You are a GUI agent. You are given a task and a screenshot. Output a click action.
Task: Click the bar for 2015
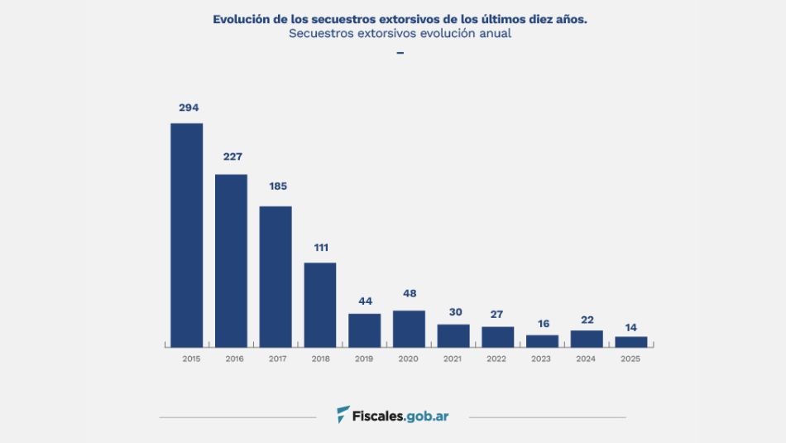point(187,235)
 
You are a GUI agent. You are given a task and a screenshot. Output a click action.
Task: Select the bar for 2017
point(276,277)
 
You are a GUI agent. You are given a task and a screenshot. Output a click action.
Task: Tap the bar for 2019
point(365,330)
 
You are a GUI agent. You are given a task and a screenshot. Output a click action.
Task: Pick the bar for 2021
point(453,335)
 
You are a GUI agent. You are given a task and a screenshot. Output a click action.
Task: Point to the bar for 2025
point(631,341)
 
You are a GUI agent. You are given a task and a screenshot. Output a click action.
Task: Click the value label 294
point(189,108)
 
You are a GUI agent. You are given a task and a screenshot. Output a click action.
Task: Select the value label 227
point(232,156)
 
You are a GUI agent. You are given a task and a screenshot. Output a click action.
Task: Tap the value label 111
point(322,247)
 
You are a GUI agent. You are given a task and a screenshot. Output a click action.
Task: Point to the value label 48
point(410,294)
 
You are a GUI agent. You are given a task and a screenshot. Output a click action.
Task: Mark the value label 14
point(631,327)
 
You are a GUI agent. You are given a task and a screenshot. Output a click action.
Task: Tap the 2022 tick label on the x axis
point(496,359)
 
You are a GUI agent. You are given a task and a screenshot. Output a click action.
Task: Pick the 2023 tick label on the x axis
point(541,359)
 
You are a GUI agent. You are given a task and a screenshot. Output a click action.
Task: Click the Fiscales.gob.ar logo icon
point(343,414)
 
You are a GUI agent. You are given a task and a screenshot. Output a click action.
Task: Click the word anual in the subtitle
point(494,34)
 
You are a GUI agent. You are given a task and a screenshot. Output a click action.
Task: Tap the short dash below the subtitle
point(400,53)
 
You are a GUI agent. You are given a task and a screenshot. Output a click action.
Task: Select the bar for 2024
point(587,339)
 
